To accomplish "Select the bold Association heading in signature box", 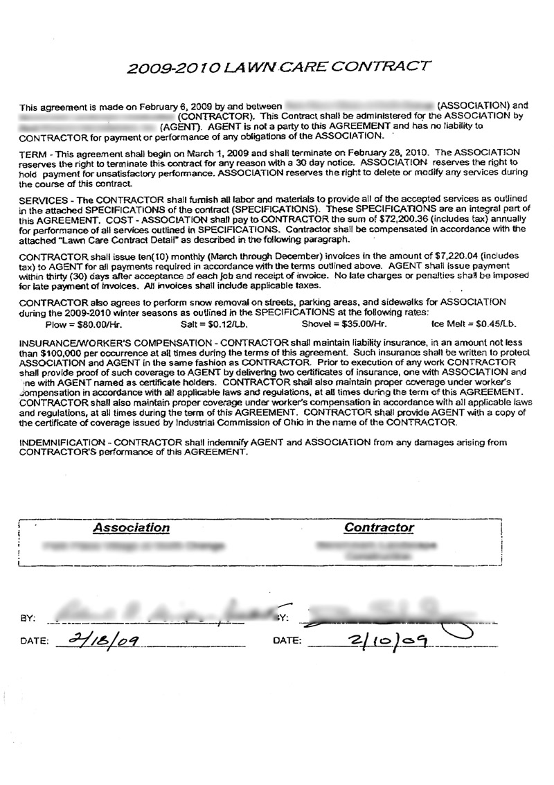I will [132, 528].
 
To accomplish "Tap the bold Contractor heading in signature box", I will [379, 528].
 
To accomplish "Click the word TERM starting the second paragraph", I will [33, 150].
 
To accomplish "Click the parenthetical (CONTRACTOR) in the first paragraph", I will [216, 116].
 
